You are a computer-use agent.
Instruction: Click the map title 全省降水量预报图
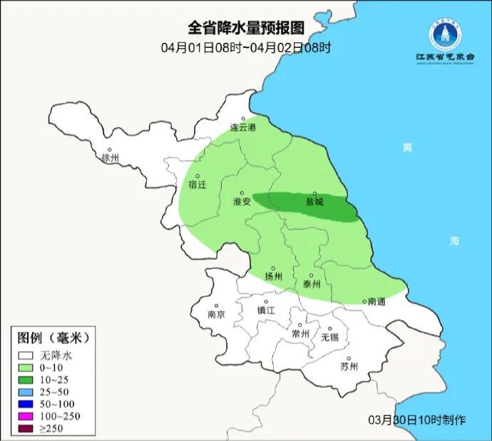click(x=245, y=28)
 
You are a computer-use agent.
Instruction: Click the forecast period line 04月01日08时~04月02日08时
click(x=245, y=48)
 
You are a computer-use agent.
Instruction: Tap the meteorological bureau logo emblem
click(x=446, y=33)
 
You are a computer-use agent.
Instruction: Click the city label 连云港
click(x=242, y=128)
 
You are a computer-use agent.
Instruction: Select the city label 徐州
click(x=111, y=157)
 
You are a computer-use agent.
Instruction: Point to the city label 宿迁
click(x=197, y=185)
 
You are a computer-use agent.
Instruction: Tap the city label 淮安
click(x=242, y=202)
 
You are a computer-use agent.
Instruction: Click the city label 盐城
click(x=314, y=202)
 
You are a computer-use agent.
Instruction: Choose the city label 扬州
click(x=273, y=276)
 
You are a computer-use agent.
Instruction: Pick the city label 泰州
click(x=312, y=283)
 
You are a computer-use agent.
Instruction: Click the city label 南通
click(x=376, y=301)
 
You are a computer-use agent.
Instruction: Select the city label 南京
click(x=216, y=313)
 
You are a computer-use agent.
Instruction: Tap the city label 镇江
click(x=266, y=311)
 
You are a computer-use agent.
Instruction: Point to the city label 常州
click(x=301, y=333)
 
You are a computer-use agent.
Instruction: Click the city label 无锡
click(x=329, y=336)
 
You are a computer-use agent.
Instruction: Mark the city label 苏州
click(x=349, y=367)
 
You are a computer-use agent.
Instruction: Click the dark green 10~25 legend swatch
click(x=26, y=379)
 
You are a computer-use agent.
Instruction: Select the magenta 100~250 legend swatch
click(x=26, y=415)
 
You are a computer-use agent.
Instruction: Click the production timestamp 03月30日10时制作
click(x=417, y=419)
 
